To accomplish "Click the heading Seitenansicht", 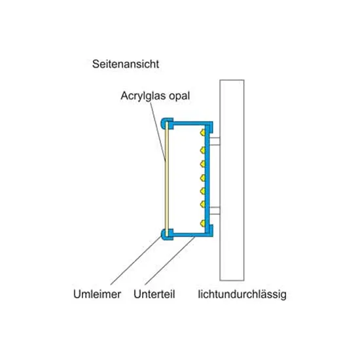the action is [x=126, y=64].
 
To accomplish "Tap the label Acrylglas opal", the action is [x=155, y=96].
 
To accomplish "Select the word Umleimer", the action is [x=97, y=294].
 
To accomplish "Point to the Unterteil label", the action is [x=154, y=294].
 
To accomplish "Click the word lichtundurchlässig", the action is [x=242, y=295].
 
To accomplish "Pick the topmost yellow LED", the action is [x=202, y=132].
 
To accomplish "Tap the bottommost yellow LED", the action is [x=202, y=223].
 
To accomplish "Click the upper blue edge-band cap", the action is [x=167, y=124].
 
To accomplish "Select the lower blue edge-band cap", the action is [x=167, y=234].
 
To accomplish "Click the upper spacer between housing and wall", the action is [x=215, y=141].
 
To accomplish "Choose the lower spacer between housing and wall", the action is [x=215, y=211].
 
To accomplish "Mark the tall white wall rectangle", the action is [x=232, y=180].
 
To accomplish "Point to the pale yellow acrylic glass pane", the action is [x=167, y=179].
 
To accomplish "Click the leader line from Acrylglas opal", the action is [x=158, y=132].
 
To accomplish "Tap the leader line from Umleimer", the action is [x=136, y=261].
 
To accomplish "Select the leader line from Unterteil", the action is [x=170, y=261].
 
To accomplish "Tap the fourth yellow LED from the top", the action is [x=202, y=177].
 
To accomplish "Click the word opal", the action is [x=179, y=96].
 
